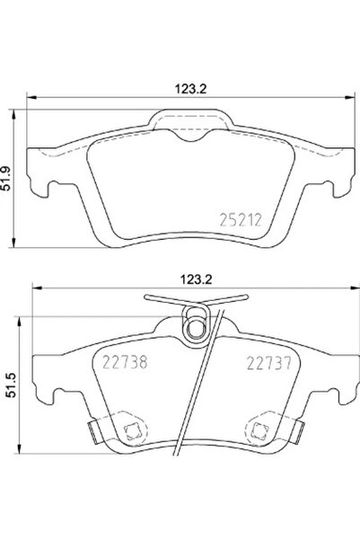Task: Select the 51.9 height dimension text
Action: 11,191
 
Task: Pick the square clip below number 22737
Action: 265,430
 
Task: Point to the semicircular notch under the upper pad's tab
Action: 186,136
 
